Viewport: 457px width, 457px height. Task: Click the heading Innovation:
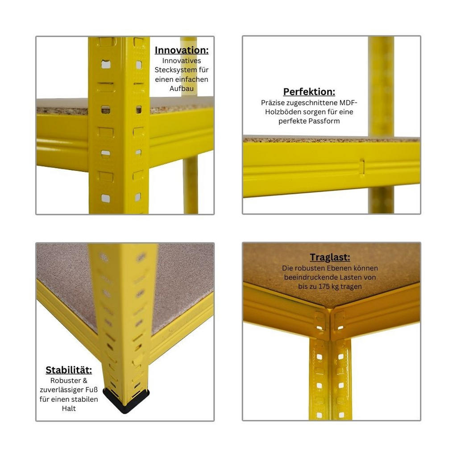(x=182, y=50)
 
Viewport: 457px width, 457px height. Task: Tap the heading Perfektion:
(x=309, y=92)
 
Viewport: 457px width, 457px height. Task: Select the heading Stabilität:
(x=69, y=370)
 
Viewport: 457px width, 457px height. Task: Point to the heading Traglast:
(x=330, y=258)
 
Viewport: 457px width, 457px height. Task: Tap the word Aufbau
(x=182, y=88)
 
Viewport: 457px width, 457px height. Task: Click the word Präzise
(x=272, y=103)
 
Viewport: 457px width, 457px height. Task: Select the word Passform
(x=326, y=121)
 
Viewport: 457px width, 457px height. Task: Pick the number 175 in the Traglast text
(x=324, y=287)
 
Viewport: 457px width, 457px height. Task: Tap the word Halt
(x=69, y=408)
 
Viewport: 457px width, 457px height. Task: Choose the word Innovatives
(x=182, y=61)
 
